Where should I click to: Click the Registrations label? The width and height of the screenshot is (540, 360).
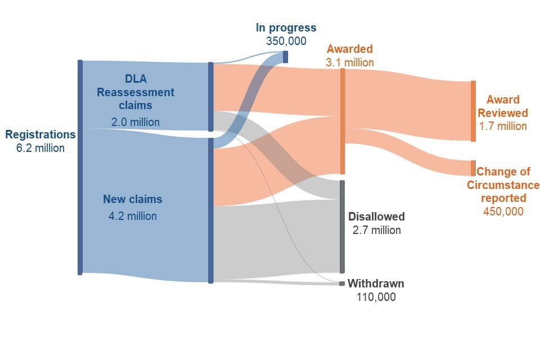(x=40, y=134)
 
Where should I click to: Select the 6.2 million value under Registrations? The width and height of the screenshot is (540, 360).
(x=40, y=148)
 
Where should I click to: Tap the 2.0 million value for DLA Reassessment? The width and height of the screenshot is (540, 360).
(x=136, y=122)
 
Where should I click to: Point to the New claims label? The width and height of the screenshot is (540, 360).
(x=133, y=199)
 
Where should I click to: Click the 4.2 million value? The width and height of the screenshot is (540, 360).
(x=133, y=216)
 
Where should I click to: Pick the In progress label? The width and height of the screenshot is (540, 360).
(x=286, y=28)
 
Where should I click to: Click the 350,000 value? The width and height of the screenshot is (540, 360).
(x=286, y=41)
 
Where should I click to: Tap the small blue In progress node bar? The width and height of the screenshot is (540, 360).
(x=286, y=57)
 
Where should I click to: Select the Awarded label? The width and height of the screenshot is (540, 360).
(x=349, y=49)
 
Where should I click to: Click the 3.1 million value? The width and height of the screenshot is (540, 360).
(x=349, y=62)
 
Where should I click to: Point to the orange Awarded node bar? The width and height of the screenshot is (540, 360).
(x=343, y=121)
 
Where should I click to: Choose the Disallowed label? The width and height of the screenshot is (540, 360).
(x=376, y=217)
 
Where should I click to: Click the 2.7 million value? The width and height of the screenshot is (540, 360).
(x=376, y=230)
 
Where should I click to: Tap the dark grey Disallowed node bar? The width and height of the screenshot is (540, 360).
(x=342, y=227)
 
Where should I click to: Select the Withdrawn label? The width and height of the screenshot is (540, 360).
(x=376, y=283)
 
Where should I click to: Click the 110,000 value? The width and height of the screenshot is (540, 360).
(x=376, y=297)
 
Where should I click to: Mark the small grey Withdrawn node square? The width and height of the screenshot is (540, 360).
(x=341, y=283)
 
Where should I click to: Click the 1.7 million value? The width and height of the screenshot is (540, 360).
(x=503, y=126)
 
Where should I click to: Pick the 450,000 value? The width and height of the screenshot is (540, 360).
(x=503, y=211)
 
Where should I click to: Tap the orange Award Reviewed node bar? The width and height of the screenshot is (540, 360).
(x=474, y=111)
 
